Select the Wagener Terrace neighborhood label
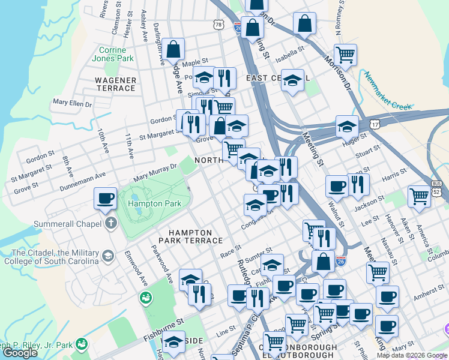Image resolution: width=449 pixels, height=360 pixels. pos(115,84)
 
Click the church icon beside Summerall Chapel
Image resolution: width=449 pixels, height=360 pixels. pos(110,224)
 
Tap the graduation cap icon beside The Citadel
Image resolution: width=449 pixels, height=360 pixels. pos(108,256)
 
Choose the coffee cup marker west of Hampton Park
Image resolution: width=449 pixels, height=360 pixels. pos(106,199)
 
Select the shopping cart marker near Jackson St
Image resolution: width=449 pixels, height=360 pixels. pos(418,196)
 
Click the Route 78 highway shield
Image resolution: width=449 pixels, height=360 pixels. pos(218,24)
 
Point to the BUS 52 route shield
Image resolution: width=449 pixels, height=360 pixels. pos(436,187)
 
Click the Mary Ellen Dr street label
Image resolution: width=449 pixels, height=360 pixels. pos(72,103)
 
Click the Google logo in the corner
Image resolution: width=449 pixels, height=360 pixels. pos(20,353)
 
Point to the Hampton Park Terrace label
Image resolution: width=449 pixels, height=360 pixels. pos(190,236)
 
